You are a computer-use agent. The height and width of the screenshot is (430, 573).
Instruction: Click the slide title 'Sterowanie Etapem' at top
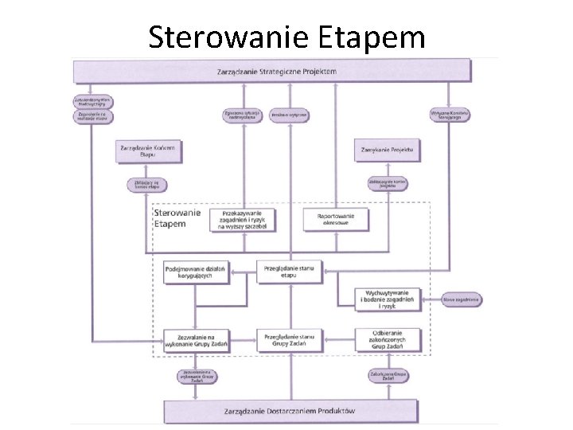coord(286,37)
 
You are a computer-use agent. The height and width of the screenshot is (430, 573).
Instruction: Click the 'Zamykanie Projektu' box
coord(388,150)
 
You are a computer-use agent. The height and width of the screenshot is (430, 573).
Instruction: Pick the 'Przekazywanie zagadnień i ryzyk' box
coord(244,219)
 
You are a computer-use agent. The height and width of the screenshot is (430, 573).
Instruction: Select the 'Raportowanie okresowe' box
coord(337,219)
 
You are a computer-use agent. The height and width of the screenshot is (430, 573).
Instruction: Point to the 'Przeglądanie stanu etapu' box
coord(290,272)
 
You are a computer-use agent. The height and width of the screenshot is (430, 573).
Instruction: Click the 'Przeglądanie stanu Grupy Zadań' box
coord(290,339)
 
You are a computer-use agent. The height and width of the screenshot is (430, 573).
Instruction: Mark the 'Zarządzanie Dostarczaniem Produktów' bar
coord(291,411)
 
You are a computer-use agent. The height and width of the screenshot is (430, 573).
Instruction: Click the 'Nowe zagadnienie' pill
coord(465,299)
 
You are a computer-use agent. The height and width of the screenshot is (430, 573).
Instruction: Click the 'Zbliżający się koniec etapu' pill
coord(148,185)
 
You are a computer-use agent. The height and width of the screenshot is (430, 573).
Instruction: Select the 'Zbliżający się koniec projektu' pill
coord(388,183)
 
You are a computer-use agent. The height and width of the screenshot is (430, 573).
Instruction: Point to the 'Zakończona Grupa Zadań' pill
coord(388,375)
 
